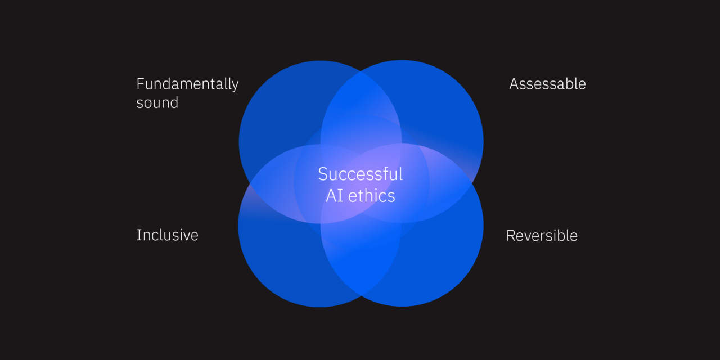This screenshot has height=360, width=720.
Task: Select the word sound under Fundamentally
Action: pos(157,103)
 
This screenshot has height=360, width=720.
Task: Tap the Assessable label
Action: pos(548,84)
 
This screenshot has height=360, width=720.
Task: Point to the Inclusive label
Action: pos(168,235)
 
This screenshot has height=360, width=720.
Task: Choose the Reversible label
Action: pos(542,236)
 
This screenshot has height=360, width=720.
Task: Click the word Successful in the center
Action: pos(361,174)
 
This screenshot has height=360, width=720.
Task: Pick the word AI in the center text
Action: pos(334,196)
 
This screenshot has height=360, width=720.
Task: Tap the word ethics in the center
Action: pos(372,196)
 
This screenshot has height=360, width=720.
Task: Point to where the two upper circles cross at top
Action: pos(361,71)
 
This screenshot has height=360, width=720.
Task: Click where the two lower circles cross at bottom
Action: pos(361,296)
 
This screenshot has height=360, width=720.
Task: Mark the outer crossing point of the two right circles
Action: pos(473,183)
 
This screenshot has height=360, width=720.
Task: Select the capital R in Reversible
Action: pos(511,236)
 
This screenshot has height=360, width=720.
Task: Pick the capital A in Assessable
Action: pos(515,84)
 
